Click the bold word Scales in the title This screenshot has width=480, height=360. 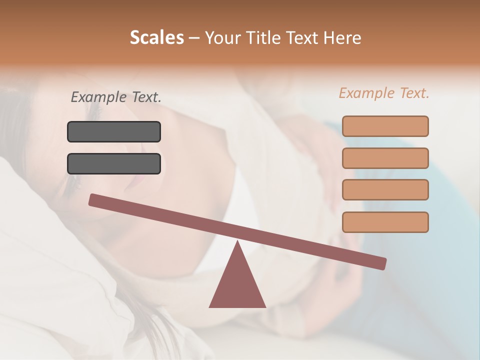click(156, 37)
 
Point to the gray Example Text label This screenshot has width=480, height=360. click(116, 97)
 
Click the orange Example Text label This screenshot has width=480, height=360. click(384, 93)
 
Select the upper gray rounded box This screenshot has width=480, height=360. click(114, 132)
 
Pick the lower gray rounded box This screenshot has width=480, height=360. click(114, 163)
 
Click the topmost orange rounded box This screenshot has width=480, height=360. click(385, 126)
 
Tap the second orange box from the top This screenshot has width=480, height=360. click(385, 158)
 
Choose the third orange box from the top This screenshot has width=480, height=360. click(385, 189)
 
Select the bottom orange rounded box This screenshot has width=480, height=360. click(385, 222)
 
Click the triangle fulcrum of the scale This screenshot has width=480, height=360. click(237, 285)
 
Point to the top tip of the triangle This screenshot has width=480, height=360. click(237, 242)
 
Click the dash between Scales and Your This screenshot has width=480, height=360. click(194, 38)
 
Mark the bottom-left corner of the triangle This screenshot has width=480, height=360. click(210, 306)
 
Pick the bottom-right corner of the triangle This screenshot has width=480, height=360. click(264, 306)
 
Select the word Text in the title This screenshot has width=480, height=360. click(301, 37)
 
